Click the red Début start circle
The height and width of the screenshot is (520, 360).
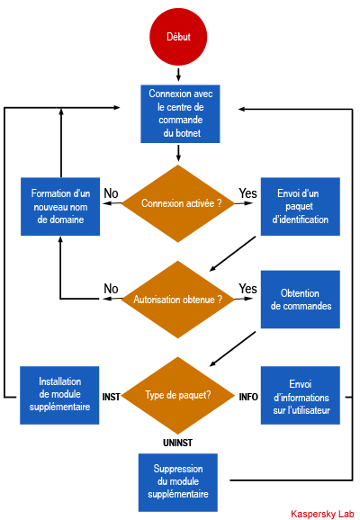(x=178, y=37)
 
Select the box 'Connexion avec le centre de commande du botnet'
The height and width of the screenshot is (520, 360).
(x=180, y=113)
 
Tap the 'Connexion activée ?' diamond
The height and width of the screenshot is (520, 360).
(x=178, y=203)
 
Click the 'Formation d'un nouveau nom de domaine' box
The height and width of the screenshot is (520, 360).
(x=60, y=207)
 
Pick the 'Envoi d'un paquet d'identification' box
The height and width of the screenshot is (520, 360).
(x=301, y=207)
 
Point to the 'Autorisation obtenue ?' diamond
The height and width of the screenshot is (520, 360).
(x=178, y=300)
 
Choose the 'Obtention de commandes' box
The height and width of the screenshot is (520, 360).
(x=301, y=300)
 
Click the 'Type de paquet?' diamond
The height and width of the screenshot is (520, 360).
(x=178, y=395)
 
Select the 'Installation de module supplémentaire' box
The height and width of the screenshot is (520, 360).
(x=59, y=395)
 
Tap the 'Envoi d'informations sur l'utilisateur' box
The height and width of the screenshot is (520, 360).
(x=301, y=395)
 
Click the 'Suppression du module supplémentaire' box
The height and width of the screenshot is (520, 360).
(x=178, y=482)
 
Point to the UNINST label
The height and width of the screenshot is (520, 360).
(x=177, y=443)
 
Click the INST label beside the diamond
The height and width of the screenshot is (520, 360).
(x=112, y=397)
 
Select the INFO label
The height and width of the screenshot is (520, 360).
(x=248, y=397)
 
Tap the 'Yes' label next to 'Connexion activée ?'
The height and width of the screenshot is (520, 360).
(x=247, y=193)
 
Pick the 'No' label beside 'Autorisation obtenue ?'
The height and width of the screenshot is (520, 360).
(x=111, y=289)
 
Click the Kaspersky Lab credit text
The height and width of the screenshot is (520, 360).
(x=322, y=514)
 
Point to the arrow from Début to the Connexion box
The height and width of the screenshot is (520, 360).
(x=178, y=75)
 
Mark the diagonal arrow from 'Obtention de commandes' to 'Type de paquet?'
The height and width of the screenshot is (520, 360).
(x=232, y=349)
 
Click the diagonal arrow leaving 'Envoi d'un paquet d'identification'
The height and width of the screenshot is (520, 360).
(x=232, y=254)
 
